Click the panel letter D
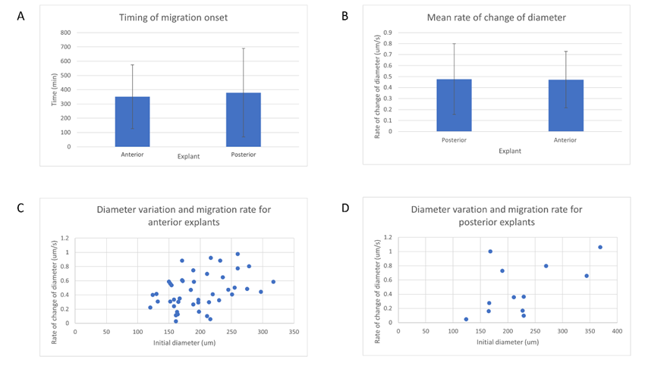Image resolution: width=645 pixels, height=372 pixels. coord(345,207)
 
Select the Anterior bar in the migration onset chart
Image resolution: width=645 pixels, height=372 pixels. coord(132,121)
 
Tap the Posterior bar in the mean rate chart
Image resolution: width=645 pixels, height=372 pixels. coord(455,105)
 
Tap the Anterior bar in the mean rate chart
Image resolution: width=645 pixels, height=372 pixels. coord(565,105)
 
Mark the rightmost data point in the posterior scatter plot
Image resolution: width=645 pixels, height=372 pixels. coord(600,247)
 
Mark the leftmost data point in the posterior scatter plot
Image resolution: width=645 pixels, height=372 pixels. coord(466,319)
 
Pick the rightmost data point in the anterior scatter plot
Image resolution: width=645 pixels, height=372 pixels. coord(273,282)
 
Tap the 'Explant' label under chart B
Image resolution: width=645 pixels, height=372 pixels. coord(510,151)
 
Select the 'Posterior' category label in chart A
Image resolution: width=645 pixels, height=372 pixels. coord(244,155)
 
